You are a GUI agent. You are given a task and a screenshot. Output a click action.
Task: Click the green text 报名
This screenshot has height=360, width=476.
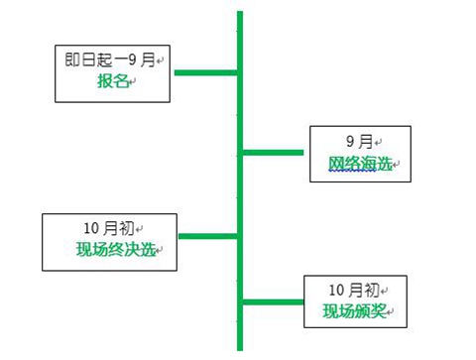[112, 82]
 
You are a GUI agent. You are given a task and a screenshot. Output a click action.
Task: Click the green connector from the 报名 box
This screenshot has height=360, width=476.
[205, 72]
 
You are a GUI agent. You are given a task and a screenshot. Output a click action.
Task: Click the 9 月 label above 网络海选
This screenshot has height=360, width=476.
[358, 142]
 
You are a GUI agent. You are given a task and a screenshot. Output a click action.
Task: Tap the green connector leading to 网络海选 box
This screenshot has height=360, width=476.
[275, 152]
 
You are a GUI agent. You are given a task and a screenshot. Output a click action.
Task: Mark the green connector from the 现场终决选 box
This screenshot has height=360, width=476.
[208, 236]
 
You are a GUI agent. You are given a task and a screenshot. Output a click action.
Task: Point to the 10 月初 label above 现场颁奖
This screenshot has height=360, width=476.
[353, 290]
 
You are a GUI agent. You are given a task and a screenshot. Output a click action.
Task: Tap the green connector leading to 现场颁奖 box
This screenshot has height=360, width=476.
[272, 301]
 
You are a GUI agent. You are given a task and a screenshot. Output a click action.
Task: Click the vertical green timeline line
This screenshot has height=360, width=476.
[239, 188]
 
